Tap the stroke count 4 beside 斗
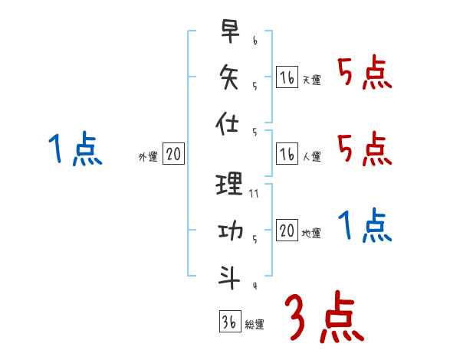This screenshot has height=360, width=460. tap(254, 286)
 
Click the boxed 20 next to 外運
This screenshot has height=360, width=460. tap(173, 155)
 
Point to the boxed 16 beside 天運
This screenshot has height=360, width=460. tap(287, 77)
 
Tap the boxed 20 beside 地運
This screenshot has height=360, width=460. tap(287, 231)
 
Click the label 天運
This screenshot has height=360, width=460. tap(311, 80)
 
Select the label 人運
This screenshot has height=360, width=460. tap(311, 157)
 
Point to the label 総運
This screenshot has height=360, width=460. tap(255, 324)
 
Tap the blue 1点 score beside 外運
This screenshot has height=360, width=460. tap(75, 148)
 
